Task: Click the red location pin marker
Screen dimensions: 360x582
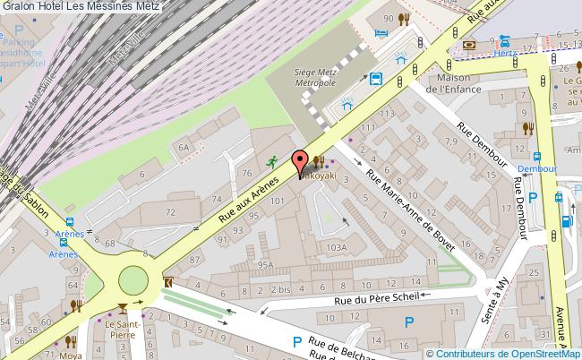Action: coord(299,164)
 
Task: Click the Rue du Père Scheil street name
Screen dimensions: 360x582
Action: coord(375,301)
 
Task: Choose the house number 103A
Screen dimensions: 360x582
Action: coord(336,247)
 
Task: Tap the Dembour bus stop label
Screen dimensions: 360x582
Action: coord(537,167)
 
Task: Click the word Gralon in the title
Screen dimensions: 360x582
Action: coord(20,7)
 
